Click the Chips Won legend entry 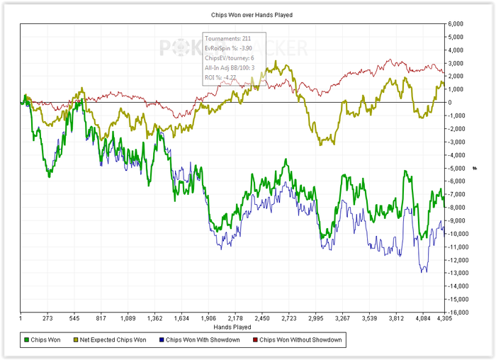(45, 340)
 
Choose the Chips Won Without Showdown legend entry (301, 340)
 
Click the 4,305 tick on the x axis (444, 319)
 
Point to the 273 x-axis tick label (47, 319)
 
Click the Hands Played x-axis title (232, 327)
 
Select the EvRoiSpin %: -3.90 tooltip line (227, 47)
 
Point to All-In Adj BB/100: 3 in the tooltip (229, 67)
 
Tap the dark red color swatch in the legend (254, 340)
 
